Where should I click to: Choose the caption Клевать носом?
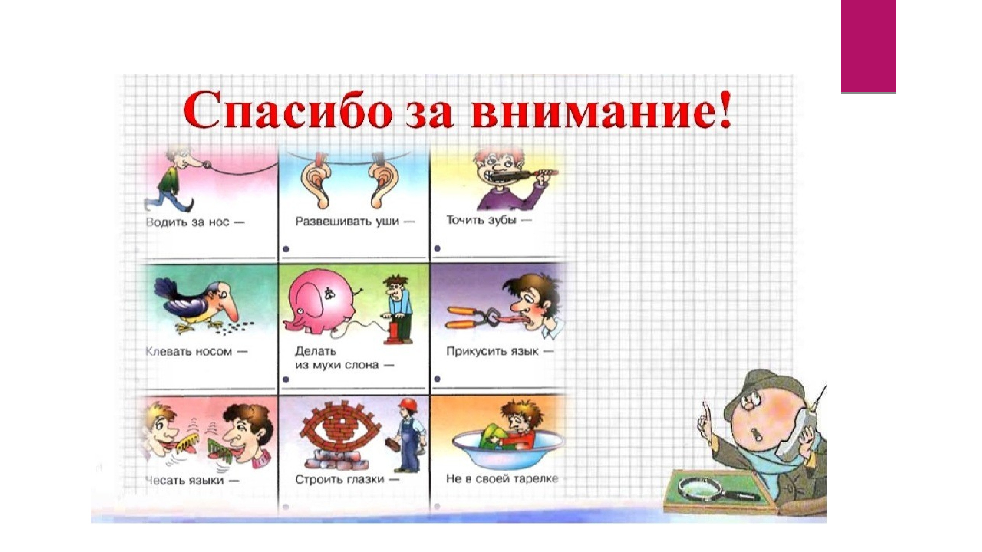click(x=196, y=351)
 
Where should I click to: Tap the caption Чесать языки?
click(x=192, y=480)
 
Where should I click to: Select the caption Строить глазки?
click(x=347, y=479)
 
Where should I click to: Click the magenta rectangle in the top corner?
click(x=868, y=47)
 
